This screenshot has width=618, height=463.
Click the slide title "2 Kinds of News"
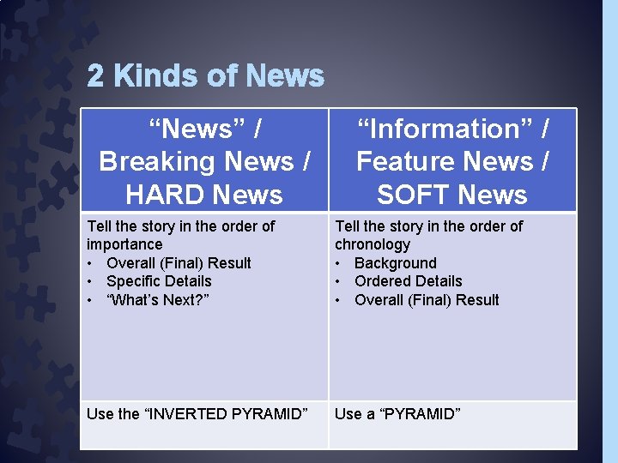[x=206, y=76]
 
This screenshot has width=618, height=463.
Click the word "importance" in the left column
[x=124, y=244]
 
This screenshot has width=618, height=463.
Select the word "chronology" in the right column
[x=373, y=244]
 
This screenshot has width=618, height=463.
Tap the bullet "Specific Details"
[x=159, y=281]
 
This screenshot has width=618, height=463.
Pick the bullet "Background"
[x=395, y=263]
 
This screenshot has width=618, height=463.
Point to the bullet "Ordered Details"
[x=408, y=281]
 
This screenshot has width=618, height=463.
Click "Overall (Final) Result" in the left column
[x=179, y=263]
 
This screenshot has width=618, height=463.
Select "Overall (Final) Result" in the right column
[x=427, y=300]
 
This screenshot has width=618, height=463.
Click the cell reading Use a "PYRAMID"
[x=397, y=414]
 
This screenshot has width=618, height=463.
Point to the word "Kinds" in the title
[x=151, y=76]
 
